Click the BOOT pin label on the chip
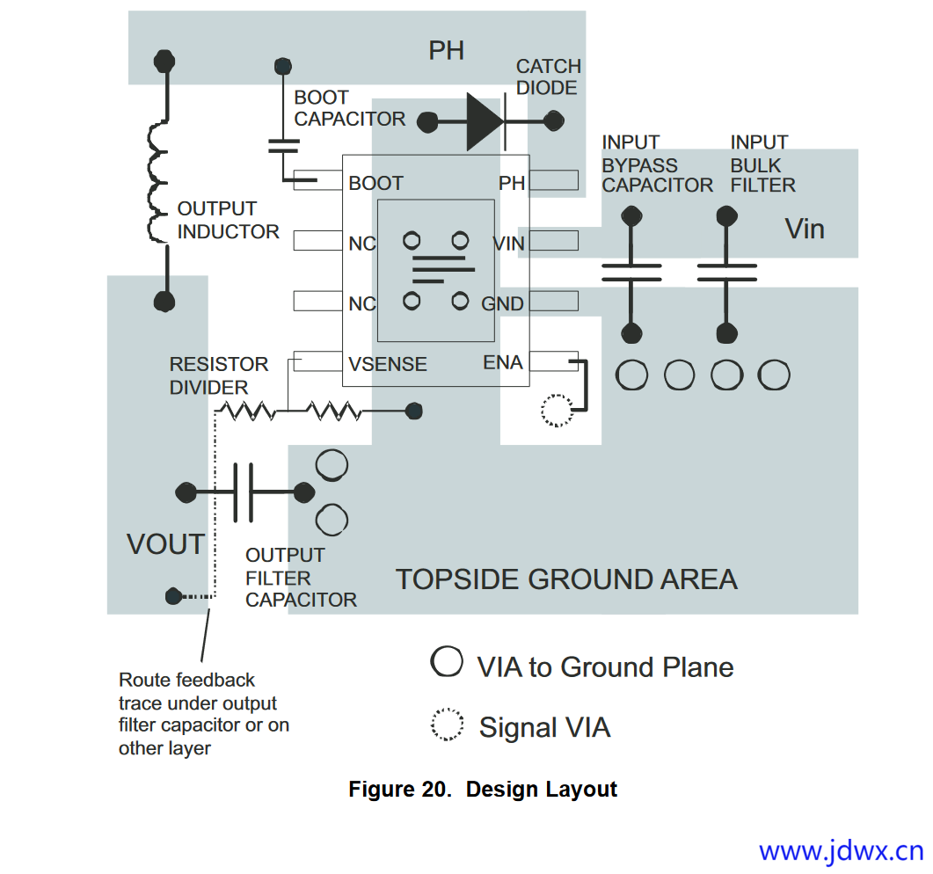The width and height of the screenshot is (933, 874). [375, 183]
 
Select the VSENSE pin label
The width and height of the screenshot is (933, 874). [388, 364]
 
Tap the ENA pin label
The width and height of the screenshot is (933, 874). [503, 362]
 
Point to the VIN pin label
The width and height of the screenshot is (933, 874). [508, 244]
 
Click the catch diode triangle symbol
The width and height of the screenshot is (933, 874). [485, 121]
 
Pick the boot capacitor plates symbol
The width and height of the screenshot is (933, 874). [283, 146]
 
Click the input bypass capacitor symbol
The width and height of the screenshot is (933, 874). [631, 273]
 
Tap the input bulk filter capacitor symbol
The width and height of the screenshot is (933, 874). [726, 273]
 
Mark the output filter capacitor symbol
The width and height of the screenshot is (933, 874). [244, 492]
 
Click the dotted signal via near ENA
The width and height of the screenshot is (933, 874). [556, 411]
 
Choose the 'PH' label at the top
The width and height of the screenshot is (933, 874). [446, 51]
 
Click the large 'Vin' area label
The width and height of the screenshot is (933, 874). [805, 229]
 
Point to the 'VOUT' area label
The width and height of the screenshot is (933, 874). [165, 544]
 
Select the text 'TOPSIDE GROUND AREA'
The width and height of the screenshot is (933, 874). [566, 579]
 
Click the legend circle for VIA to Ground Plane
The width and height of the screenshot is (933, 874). [447, 661]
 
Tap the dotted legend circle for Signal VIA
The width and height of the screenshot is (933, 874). [447, 725]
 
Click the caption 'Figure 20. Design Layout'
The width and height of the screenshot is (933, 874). [483, 789]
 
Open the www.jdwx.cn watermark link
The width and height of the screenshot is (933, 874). [841, 851]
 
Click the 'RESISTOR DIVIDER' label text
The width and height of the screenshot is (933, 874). [219, 375]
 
